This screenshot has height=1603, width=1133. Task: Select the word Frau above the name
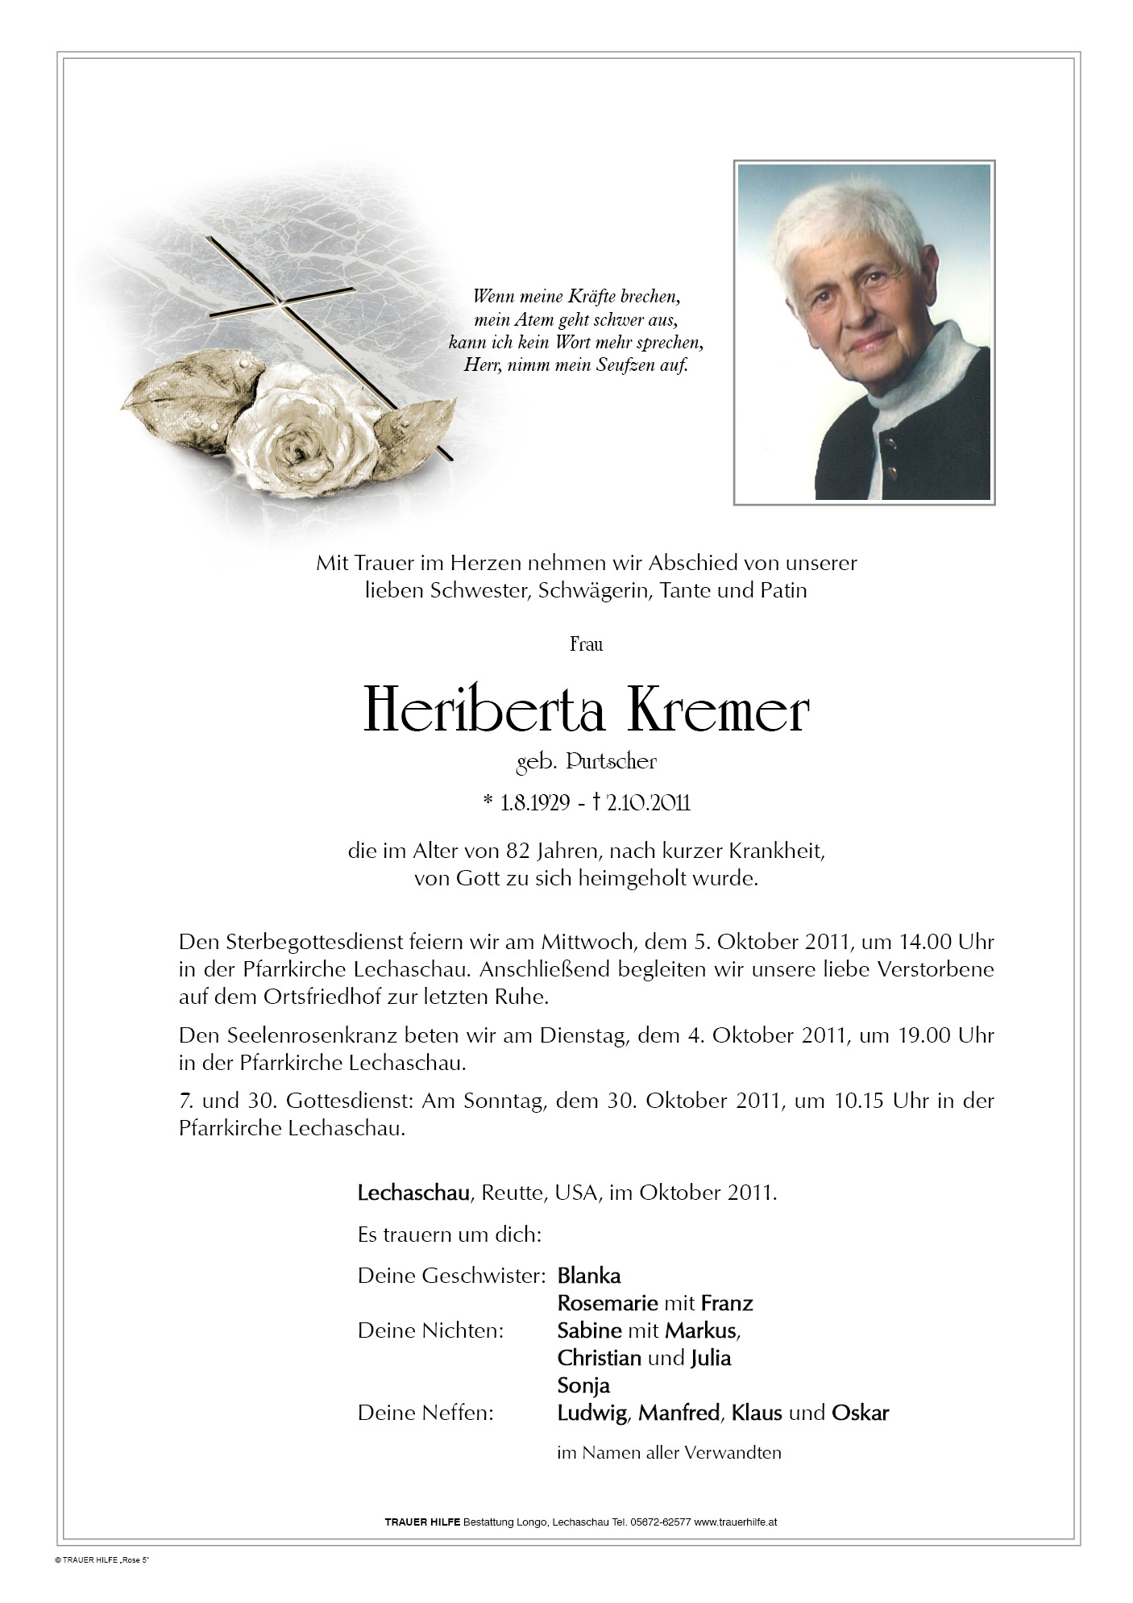coord(586,643)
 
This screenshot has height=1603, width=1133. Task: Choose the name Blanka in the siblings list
coord(589,1276)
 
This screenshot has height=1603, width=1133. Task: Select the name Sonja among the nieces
coord(583,1385)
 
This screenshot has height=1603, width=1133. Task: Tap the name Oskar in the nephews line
coord(860,1413)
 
